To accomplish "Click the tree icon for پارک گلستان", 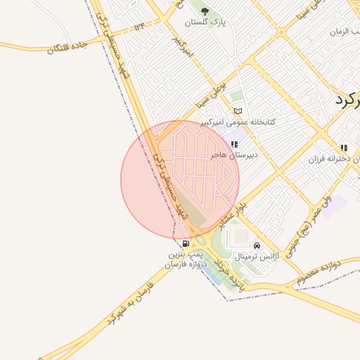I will click(x=205, y=11).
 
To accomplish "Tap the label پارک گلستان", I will click(x=207, y=22).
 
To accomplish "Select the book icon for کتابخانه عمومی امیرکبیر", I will click(x=238, y=111).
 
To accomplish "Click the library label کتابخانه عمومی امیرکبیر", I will click(x=238, y=122).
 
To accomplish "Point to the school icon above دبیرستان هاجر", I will click(x=234, y=143).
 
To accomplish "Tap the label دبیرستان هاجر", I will click(x=237, y=154).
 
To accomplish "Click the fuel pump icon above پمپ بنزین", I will click(x=185, y=243).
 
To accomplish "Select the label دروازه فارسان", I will click(x=185, y=264).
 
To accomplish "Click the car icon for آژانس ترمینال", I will click(x=257, y=246).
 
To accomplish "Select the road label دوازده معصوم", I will click(x=319, y=271).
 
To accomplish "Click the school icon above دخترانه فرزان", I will click(x=344, y=148).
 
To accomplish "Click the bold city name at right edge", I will click(x=347, y=99).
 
